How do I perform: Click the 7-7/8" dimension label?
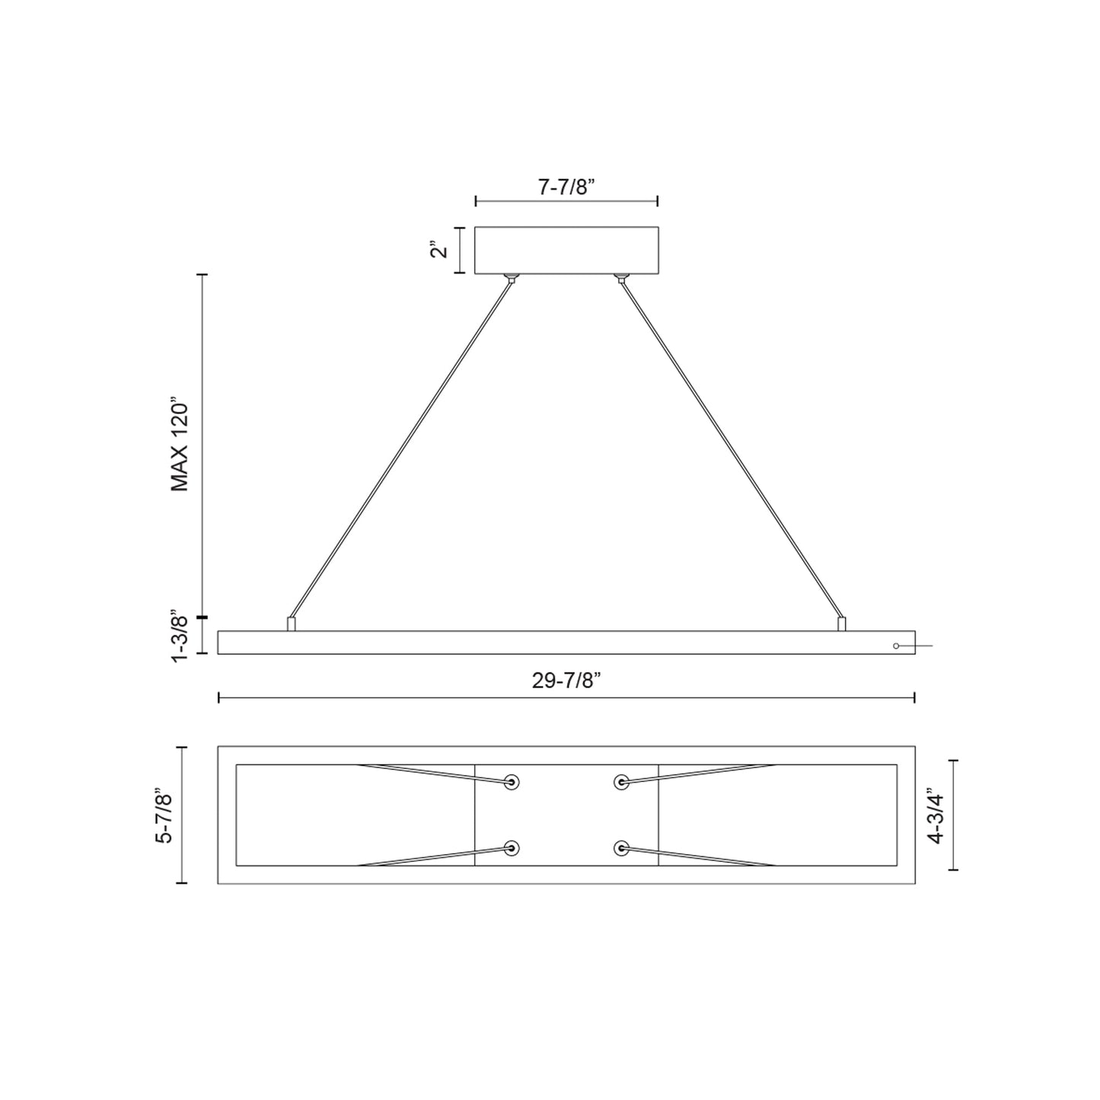pyautogui.click(x=566, y=187)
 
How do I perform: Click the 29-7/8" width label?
pyautogui.click(x=567, y=680)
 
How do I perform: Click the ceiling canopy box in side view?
pyautogui.click(x=566, y=250)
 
